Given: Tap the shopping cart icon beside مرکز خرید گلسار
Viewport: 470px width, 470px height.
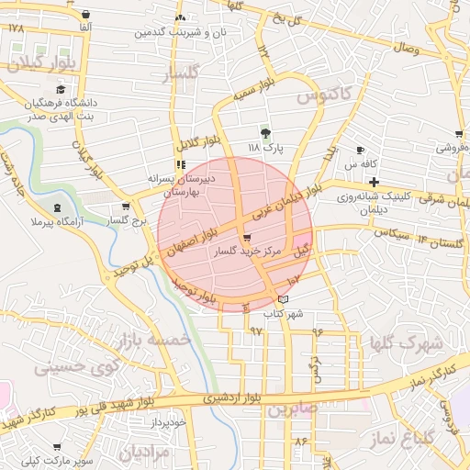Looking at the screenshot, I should [x=245, y=237].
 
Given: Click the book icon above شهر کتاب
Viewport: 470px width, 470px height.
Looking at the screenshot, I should [x=283, y=299].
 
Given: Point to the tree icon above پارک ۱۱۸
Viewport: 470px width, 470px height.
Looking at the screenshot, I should [x=266, y=133].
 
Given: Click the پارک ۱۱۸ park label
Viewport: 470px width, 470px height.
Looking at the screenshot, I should [x=266, y=147].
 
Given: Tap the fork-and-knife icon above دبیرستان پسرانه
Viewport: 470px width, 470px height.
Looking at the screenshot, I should [x=180, y=163].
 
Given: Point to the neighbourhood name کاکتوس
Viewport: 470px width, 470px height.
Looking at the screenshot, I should [x=324, y=95].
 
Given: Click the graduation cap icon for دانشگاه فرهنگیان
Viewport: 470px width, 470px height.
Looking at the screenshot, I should [x=61, y=90].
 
